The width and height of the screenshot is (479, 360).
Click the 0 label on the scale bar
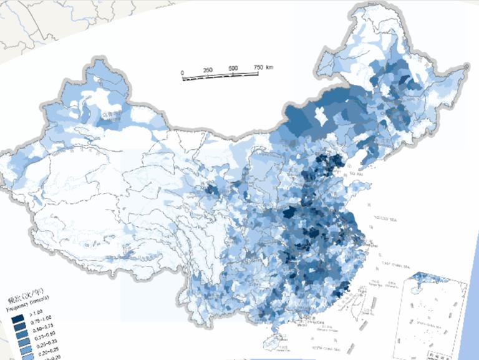click(x=182, y=74)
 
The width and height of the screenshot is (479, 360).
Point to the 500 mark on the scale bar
click(x=233, y=69)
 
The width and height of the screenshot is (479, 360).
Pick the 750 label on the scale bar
click(x=258, y=67)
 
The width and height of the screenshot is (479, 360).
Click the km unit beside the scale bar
click(x=270, y=66)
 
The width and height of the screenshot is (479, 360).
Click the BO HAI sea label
click(x=356, y=174)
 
